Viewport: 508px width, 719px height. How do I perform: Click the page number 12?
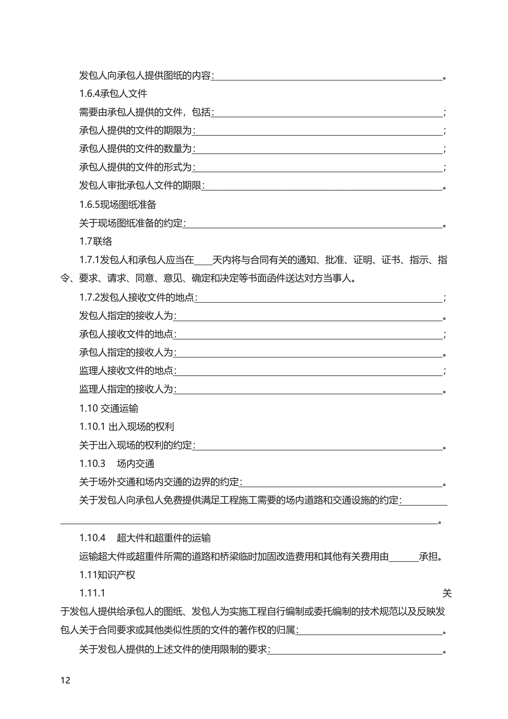[65, 680]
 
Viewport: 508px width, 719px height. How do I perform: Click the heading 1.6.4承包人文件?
[113, 93]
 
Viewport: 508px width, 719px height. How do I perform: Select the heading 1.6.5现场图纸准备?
[118, 204]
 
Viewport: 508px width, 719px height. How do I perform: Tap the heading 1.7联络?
[96, 241]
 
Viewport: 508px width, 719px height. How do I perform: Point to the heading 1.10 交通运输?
[108, 408]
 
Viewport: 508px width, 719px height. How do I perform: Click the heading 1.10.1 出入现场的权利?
[127, 426]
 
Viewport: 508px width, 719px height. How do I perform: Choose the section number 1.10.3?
[92, 463]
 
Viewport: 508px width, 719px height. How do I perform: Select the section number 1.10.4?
[92, 538]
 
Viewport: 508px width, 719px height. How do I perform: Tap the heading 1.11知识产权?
[107, 575]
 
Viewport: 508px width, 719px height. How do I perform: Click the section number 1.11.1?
[92, 593]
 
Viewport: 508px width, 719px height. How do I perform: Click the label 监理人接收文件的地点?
[126, 371]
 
